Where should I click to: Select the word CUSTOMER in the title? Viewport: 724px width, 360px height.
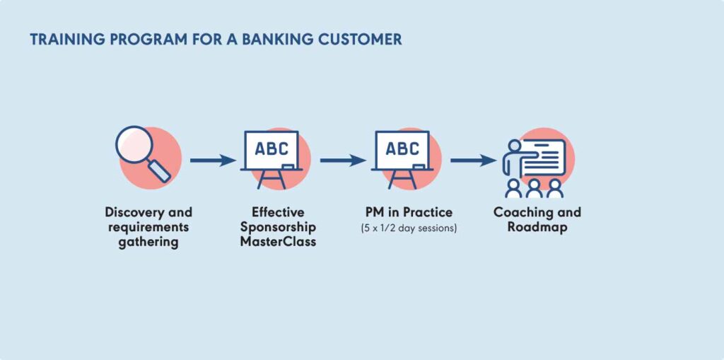[361, 40]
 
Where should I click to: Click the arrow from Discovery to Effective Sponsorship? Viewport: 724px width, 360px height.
[212, 161]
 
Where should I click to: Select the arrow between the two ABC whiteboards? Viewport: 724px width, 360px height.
[342, 161]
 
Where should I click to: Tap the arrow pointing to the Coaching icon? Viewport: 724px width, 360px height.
[473, 161]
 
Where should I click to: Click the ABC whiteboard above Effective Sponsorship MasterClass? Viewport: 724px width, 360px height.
[271, 151]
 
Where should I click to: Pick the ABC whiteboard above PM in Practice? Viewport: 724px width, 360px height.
[402, 151]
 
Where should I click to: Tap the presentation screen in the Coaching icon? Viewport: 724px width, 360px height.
[543, 156]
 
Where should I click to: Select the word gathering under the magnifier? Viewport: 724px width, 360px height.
[148, 242]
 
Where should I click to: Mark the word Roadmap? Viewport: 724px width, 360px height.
[537, 227]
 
